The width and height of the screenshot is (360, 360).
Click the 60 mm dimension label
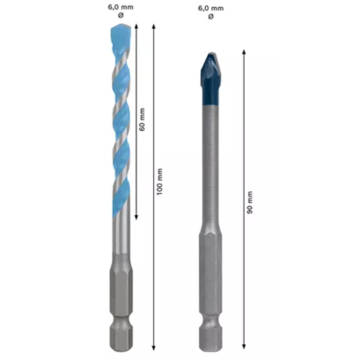coord(142,120)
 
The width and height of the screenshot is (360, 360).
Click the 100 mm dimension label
coord(159,182)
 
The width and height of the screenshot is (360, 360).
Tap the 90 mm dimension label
coord(250,202)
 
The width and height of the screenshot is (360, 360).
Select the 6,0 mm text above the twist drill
coord(121,7)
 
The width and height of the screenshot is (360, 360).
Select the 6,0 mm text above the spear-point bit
coord(211,9)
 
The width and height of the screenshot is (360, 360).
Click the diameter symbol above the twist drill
coord(121,15)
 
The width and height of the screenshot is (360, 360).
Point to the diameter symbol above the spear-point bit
coord(211,17)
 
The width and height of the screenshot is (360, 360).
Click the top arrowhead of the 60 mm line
coord(136,26)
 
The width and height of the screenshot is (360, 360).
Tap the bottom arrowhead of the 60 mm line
coord(136,217)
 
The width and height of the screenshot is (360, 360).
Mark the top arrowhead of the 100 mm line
coord(154,26)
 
